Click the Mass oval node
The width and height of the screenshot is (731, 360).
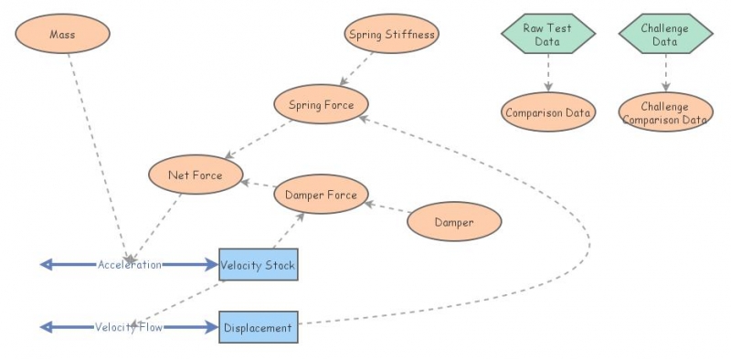coord(62,34)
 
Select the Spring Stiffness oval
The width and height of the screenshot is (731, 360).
coord(392,35)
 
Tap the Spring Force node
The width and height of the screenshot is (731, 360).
coord(321,104)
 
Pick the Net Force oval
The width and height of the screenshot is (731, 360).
coord(195,175)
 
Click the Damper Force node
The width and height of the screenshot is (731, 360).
coord(321,194)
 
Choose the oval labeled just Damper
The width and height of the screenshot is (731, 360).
coord(454,222)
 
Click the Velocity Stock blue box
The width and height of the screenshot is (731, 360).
coord(258,265)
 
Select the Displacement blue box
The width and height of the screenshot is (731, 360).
coord(258,327)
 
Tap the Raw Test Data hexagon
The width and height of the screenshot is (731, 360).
coord(547,34)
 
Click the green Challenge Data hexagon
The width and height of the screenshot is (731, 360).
coord(665,34)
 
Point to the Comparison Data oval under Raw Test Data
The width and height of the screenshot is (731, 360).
coord(548,112)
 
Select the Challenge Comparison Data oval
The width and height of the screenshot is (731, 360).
coord(665,112)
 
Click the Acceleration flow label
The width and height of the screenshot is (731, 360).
coord(130,265)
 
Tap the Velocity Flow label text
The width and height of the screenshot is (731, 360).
coord(130,327)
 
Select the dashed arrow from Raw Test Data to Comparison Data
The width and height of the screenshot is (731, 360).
coord(548,73)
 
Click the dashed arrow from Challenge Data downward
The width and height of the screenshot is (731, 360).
coord(665,73)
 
